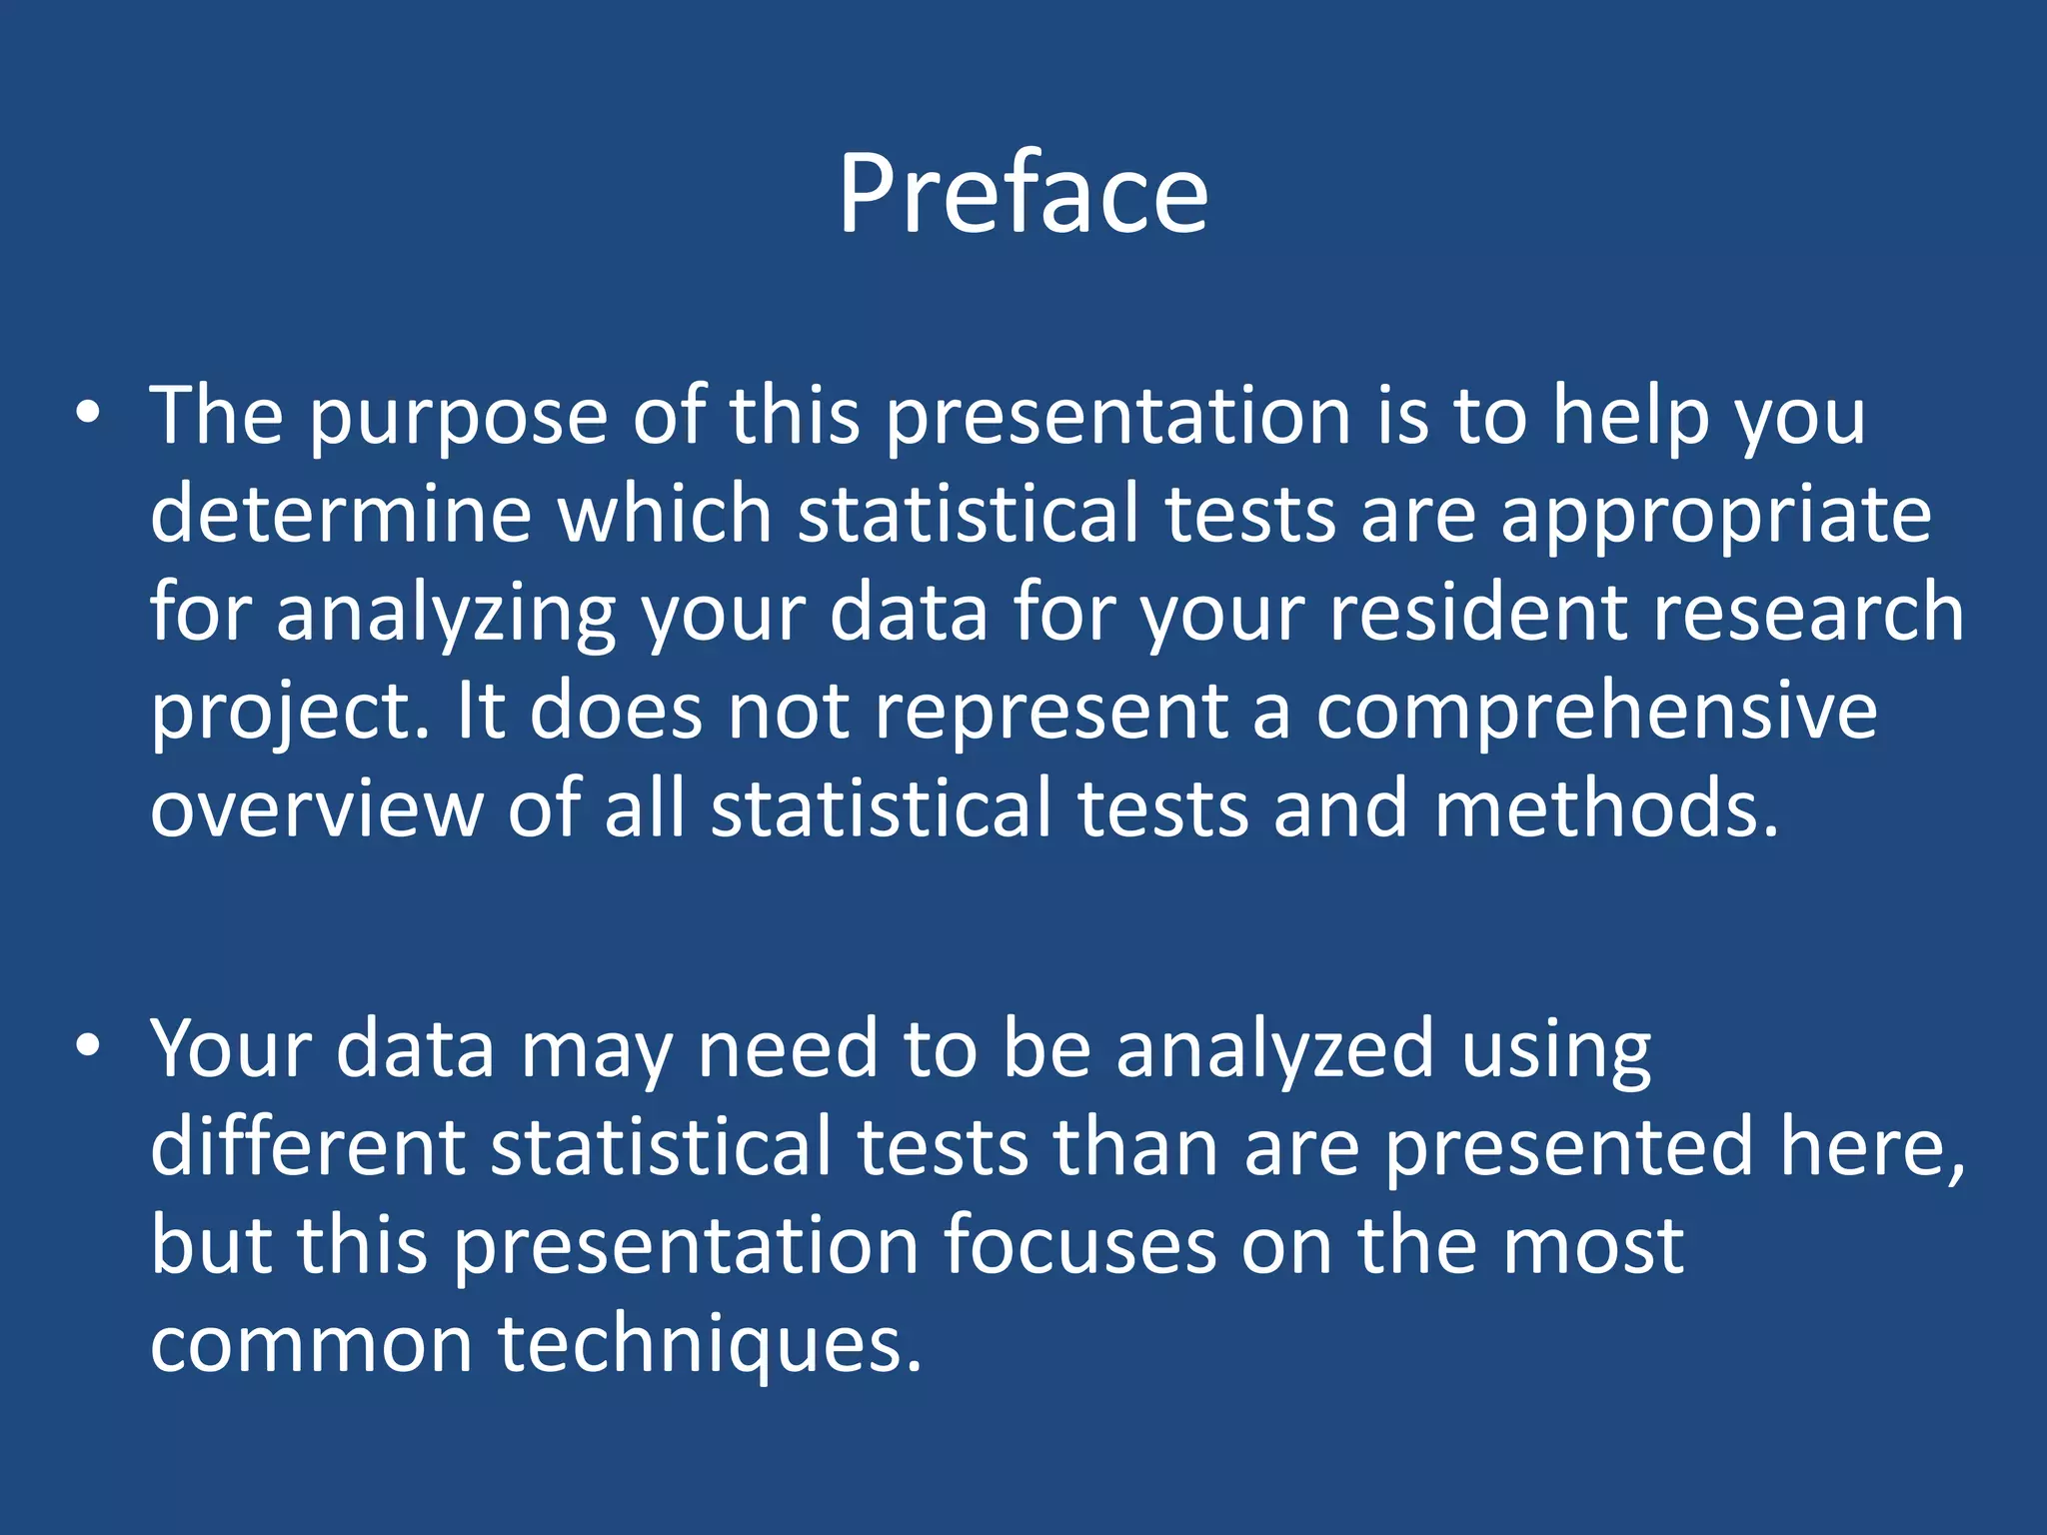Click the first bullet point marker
coord(88,414)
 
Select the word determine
coord(341,514)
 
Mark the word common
coord(311,1344)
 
